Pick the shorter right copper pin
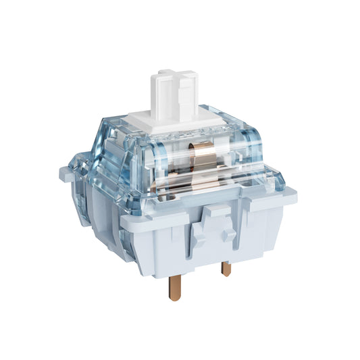(x=226, y=269)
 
